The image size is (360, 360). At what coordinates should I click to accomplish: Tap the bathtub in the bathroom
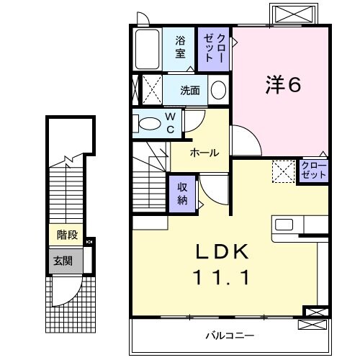pyautogui.click(x=148, y=48)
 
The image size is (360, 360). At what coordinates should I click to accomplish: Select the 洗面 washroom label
pyautogui.click(x=190, y=91)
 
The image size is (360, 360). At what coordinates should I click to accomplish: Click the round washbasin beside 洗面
pyautogui.click(x=219, y=91)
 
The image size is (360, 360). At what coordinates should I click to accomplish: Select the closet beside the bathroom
pyautogui.click(x=215, y=48)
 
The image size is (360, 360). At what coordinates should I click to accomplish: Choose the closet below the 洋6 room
pyautogui.click(x=313, y=171)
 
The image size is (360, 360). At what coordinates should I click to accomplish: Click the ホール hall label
pyautogui.click(x=204, y=153)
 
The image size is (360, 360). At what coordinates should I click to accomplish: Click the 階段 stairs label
pyautogui.click(x=68, y=235)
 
